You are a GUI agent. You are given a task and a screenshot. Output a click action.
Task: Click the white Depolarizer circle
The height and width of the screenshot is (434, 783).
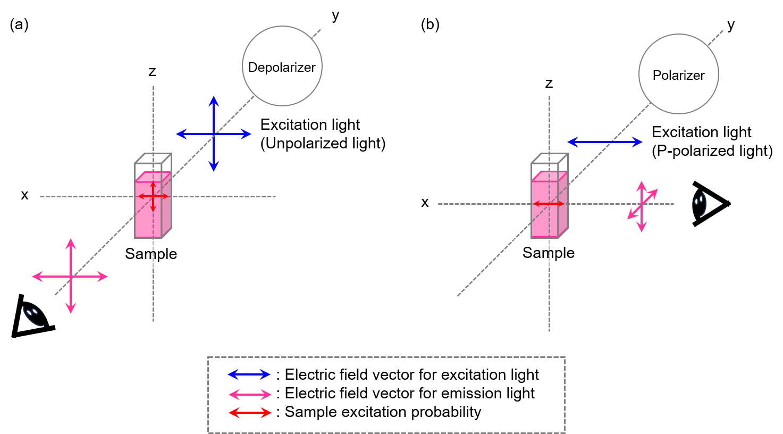pyautogui.click(x=282, y=66)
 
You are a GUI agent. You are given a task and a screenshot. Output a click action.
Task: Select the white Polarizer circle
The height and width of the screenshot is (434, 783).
pyautogui.click(x=678, y=74)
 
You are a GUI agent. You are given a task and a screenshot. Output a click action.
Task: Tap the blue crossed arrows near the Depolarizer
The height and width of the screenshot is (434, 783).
pyautogui.click(x=214, y=134)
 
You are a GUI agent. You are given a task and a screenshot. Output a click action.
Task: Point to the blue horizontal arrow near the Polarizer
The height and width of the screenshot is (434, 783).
pyautogui.click(x=605, y=142)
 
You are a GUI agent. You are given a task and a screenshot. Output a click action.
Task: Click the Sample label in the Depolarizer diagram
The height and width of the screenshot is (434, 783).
pyautogui.click(x=151, y=254)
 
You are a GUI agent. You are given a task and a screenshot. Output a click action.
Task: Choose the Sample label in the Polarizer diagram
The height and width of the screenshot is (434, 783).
pyautogui.click(x=549, y=253)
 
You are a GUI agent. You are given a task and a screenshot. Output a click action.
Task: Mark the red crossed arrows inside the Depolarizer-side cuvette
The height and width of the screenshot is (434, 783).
pyautogui.click(x=153, y=197)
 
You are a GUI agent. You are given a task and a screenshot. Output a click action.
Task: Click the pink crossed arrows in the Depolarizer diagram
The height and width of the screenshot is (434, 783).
pyautogui.click(x=71, y=277)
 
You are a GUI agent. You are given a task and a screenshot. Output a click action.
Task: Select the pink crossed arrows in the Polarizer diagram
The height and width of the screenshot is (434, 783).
pyautogui.click(x=642, y=206)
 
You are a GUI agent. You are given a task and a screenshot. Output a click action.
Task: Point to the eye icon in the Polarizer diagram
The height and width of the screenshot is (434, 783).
pyautogui.click(x=700, y=203)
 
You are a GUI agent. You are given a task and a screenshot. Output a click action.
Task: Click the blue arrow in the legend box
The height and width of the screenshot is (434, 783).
pyautogui.click(x=249, y=374)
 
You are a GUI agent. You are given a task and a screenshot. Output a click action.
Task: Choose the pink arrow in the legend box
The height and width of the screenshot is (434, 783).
pyautogui.click(x=250, y=394)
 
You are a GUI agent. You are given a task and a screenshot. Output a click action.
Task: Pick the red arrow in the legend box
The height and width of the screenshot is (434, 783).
pyautogui.click(x=250, y=413)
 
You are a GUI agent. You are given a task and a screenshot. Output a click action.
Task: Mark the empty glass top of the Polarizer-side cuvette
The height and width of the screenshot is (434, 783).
pyautogui.click(x=549, y=164)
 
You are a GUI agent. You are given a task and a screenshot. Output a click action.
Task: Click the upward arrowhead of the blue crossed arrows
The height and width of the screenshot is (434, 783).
pyautogui.click(x=214, y=101)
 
